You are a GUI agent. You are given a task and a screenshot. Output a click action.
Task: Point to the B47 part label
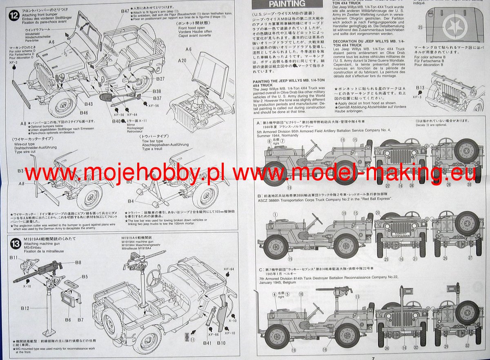125,11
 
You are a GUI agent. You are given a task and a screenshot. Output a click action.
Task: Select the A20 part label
182,60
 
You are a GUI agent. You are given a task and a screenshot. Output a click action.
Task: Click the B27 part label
160,79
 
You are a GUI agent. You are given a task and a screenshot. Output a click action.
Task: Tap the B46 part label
84,113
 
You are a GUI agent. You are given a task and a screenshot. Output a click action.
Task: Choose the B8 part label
78,262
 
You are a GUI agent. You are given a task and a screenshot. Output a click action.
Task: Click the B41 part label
208,343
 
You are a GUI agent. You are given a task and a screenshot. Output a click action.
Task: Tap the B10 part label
221,343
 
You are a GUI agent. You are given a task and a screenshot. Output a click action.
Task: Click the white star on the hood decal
452,28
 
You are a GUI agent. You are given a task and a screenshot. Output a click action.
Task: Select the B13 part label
420,88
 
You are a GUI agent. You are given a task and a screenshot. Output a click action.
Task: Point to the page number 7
373,358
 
